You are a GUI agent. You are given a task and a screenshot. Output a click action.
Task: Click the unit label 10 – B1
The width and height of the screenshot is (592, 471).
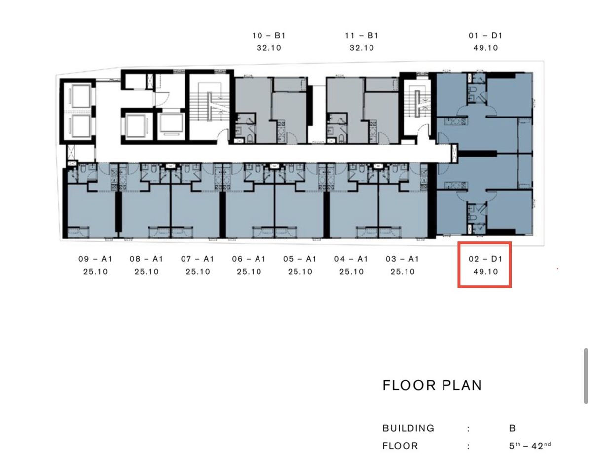coord(269,36)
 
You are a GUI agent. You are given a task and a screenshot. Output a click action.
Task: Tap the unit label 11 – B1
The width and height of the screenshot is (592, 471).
coord(362,36)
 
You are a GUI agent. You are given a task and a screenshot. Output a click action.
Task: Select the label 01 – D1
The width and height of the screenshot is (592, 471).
coord(485,36)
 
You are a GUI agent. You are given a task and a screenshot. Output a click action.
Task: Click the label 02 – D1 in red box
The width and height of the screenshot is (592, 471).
coord(485,259)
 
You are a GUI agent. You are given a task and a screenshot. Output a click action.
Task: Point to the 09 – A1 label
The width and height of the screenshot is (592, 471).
coord(95,259)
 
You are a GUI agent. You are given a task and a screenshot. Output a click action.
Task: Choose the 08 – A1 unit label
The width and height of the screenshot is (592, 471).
coord(147,259)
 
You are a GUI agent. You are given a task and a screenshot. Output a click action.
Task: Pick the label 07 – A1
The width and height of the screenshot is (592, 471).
coord(197,259)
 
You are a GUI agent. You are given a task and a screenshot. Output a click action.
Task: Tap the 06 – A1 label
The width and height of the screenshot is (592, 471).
coord(249,259)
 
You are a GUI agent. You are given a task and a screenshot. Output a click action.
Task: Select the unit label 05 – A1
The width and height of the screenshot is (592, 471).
coord(300,259)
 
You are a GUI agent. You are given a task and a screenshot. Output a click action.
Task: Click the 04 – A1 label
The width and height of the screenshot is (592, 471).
coord(351,259)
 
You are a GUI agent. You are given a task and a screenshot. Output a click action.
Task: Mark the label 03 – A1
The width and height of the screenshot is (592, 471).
coord(402,259)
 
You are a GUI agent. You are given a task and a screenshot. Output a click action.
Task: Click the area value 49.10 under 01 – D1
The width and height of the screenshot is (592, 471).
coord(485,48)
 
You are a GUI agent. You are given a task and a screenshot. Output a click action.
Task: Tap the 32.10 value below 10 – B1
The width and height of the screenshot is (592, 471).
coord(269,48)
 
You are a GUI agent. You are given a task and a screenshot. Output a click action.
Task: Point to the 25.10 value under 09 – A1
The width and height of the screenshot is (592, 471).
coord(95,272)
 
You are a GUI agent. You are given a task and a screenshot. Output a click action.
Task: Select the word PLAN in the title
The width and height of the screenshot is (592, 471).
coord(462,385)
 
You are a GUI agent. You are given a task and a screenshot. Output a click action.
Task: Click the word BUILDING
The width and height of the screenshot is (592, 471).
coord(408,428)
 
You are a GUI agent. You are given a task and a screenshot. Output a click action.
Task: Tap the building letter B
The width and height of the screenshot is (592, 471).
coord(512,428)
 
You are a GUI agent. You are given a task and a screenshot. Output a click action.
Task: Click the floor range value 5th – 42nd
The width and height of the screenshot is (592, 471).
coord(530,446)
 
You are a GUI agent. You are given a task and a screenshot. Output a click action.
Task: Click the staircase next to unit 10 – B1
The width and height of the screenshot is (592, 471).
coord(210,107)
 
